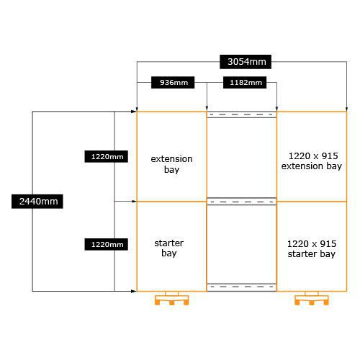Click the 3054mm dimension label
(x=246, y=62)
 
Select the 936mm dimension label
(x=173, y=83)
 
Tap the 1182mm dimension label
(x=245, y=83)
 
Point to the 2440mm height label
(x=37, y=202)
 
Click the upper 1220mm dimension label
(x=106, y=157)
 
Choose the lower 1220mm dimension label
(x=106, y=245)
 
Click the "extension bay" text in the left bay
(x=171, y=164)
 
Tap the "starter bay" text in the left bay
(x=169, y=248)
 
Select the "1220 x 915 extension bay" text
(x=312, y=161)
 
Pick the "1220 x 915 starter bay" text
(x=312, y=249)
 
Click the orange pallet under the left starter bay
(x=171, y=300)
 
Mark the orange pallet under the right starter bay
(x=312, y=300)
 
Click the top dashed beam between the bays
(x=242, y=114)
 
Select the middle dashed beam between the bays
(x=242, y=202)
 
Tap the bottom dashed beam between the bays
(x=242, y=287)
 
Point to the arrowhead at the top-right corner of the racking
(x=346, y=109)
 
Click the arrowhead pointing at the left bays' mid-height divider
(x=134, y=202)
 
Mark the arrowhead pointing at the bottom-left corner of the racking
(x=134, y=292)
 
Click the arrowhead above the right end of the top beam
(x=276, y=109)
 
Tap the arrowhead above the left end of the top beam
(x=207, y=109)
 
